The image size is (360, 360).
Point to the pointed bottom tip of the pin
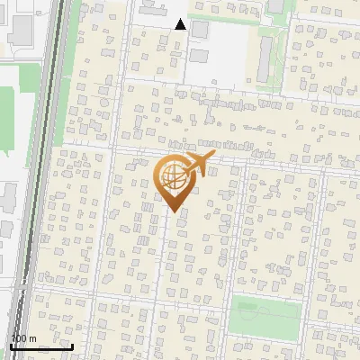pos(171,211)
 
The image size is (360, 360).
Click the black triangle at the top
pos(181,24)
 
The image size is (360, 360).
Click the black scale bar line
pos(41,346)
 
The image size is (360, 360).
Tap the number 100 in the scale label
pos(19,338)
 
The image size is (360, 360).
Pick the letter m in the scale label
pos(32,338)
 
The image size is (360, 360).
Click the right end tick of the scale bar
pos(73,345)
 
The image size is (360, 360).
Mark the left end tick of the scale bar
pos(10,345)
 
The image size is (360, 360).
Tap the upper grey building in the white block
pos(199,30)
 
